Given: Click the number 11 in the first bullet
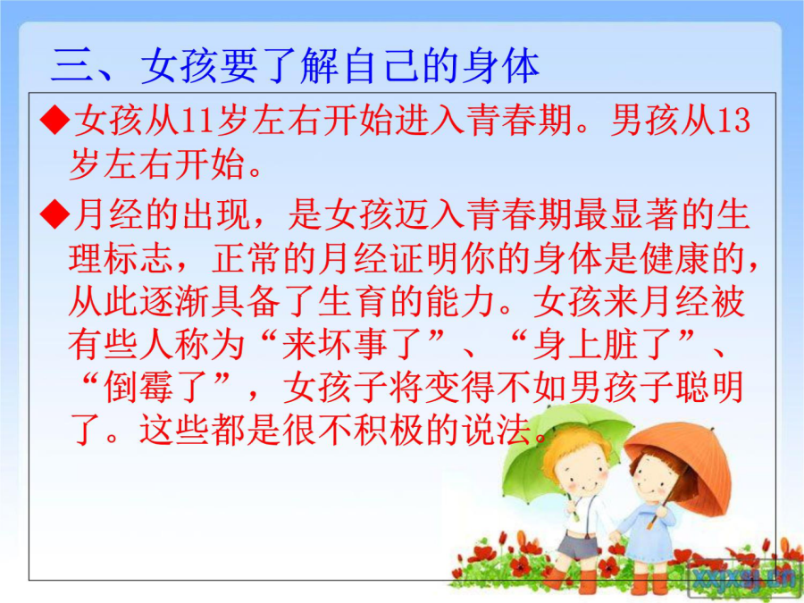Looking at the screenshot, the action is coord(197,121).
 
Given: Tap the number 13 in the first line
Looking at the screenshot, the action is coord(733,121).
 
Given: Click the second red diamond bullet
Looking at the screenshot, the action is coord(54,214).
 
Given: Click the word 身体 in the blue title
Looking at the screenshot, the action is coord(500,65).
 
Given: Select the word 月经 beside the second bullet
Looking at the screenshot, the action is coord(108,214).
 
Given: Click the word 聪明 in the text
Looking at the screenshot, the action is coord(710,387).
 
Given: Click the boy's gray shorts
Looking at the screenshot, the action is coord(578,546).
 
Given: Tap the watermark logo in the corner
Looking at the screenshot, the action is coord(742,577).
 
